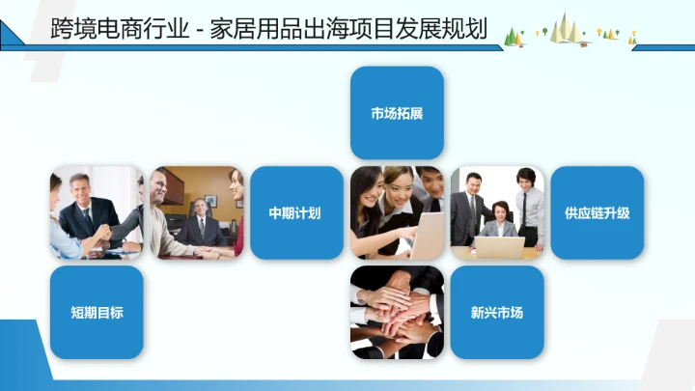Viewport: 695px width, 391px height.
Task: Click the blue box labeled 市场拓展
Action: coord(397,113)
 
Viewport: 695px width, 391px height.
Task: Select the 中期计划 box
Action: coord(296,212)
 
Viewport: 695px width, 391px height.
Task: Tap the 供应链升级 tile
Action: coord(597,212)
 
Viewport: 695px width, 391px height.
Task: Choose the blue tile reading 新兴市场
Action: coord(496,313)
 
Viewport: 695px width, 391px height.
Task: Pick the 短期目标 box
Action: coord(97,313)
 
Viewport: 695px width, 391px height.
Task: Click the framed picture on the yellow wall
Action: coord(172,186)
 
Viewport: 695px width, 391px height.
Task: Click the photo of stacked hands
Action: coord(397,313)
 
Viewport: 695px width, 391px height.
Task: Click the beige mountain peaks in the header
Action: coord(575,29)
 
